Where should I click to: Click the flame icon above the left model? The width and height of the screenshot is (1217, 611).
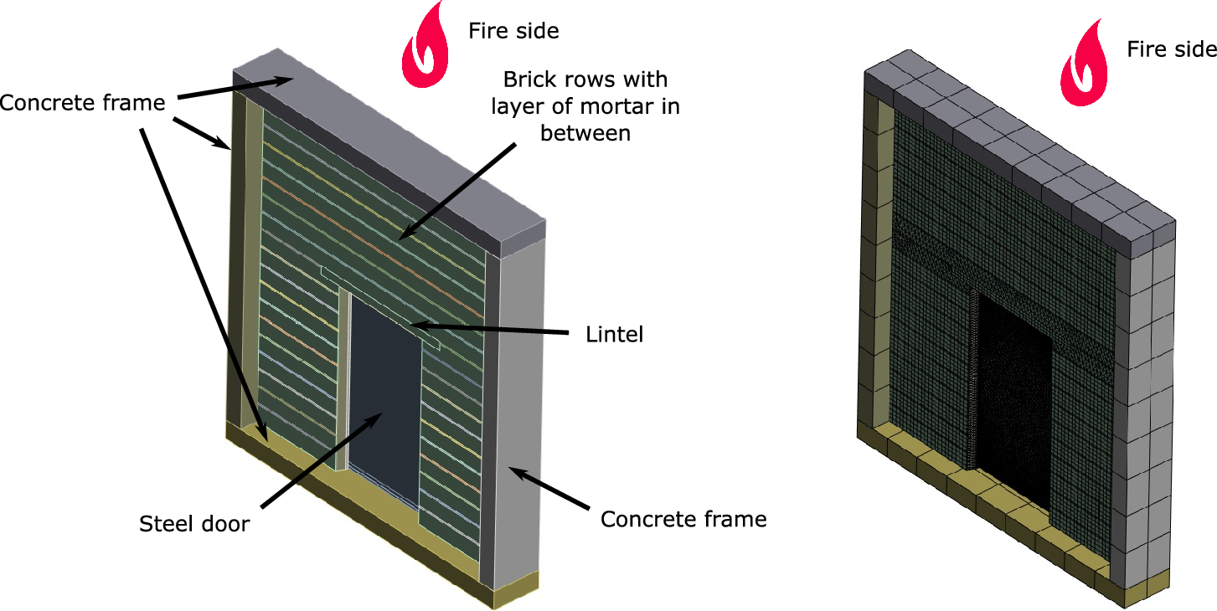click(425, 45)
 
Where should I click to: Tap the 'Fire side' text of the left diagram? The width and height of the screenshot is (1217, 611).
click(513, 31)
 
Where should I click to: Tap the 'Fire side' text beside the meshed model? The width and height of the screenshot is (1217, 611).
click(1171, 49)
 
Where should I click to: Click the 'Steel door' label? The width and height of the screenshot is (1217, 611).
click(194, 524)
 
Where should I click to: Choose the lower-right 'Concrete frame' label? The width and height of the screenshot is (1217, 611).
click(683, 519)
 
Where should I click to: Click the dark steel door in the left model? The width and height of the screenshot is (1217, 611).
click(384, 393)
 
